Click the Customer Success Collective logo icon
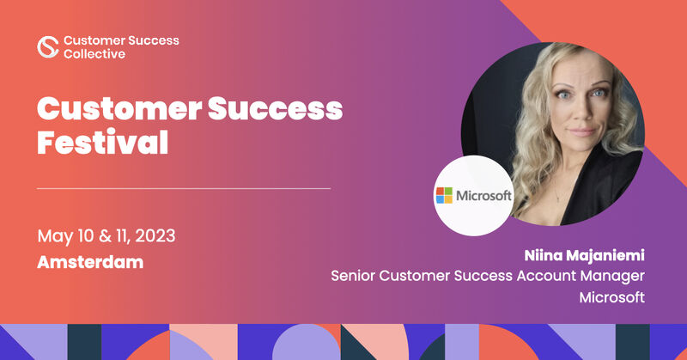point(48,46)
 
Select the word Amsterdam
point(90,262)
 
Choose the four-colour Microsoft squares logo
point(445,195)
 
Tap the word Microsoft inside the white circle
point(483,196)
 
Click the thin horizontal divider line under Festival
point(184,187)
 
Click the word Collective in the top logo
point(94,53)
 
